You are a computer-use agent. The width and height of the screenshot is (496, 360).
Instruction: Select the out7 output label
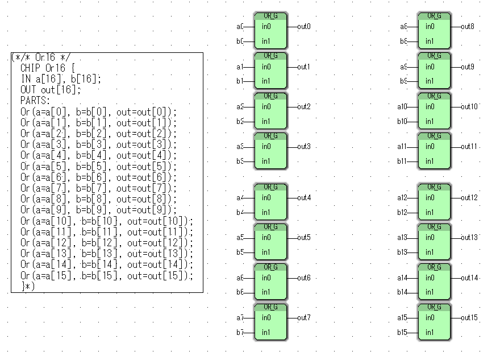click(304, 317)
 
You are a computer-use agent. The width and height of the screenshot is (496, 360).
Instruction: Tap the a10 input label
click(403, 106)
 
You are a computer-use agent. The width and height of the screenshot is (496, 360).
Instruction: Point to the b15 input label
click(403, 332)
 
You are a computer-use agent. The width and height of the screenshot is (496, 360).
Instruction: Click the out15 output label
click(469, 317)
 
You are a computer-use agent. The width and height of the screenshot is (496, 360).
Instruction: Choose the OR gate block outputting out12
click(435, 202)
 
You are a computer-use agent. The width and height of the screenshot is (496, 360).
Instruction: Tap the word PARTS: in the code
click(36, 101)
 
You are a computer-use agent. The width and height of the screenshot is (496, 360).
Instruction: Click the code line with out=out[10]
click(107, 221)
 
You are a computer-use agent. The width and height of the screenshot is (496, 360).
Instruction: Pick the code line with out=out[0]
click(99, 112)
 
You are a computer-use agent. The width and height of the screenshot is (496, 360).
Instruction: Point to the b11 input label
click(403, 162)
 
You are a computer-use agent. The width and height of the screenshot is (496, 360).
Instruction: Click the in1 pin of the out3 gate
click(266, 162)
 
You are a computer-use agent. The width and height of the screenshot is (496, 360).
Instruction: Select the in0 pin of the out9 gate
click(430, 67)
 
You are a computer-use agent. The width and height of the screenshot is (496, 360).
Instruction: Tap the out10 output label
click(469, 106)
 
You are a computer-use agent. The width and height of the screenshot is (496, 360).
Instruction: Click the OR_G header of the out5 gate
click(271, 226)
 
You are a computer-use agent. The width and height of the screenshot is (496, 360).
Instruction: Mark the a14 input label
click(403, 278)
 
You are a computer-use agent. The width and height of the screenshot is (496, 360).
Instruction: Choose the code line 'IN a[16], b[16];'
click(61, 79)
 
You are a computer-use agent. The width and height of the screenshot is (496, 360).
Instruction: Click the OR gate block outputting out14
click(435, 282)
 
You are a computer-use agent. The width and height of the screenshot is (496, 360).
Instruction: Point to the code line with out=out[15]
click(107, 276)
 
